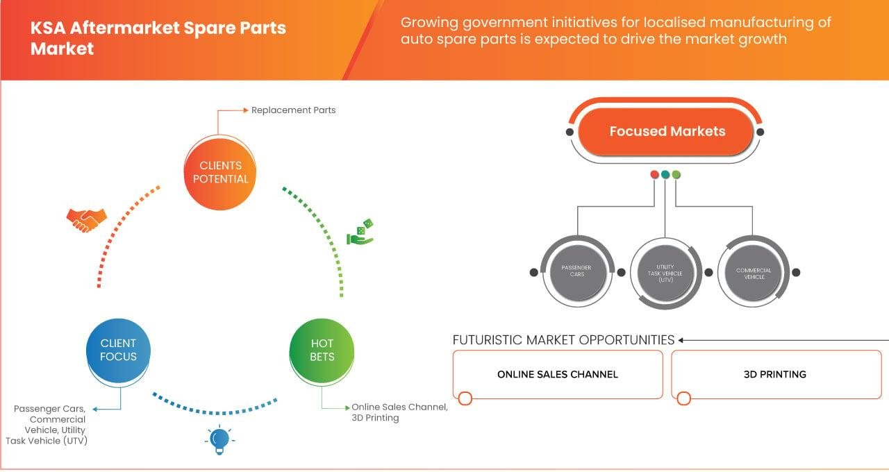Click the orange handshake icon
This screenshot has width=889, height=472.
(87, 220)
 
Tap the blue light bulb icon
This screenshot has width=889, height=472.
(219, 440)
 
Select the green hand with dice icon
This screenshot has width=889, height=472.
(360, 232)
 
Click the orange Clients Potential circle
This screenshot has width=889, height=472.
(220, 173)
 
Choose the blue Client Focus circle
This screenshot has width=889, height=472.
(118, 351)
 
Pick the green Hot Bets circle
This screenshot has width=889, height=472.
(322, 351)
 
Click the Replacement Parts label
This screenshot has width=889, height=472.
(293, 110)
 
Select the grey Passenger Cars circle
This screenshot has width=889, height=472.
(577, 271)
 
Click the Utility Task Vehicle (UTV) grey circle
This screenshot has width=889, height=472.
(665, 273)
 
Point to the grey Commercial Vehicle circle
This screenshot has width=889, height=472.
(753, 273)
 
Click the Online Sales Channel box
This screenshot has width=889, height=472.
(558, 374)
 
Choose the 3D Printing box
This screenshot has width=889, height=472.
(776, 374)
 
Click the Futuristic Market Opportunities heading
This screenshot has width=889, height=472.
(563, 340)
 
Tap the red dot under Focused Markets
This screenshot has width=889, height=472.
(654, 174)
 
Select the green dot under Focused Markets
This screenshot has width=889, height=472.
(676, 174)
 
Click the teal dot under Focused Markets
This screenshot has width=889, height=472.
(665, 174)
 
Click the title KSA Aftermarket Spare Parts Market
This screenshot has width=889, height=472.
(158, 38)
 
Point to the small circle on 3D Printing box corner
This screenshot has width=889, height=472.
(684, 398)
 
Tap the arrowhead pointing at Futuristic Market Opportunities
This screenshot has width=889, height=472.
(681, 340)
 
